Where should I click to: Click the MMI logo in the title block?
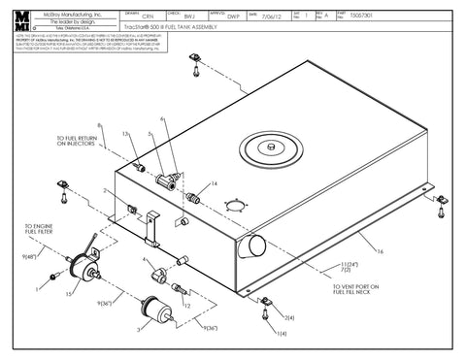(19, 20)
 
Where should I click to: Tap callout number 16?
(381, 250)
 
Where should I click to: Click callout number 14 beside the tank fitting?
(215, 182)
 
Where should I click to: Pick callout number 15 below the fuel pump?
(67, 290)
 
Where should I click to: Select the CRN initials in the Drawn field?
(148, 16)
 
